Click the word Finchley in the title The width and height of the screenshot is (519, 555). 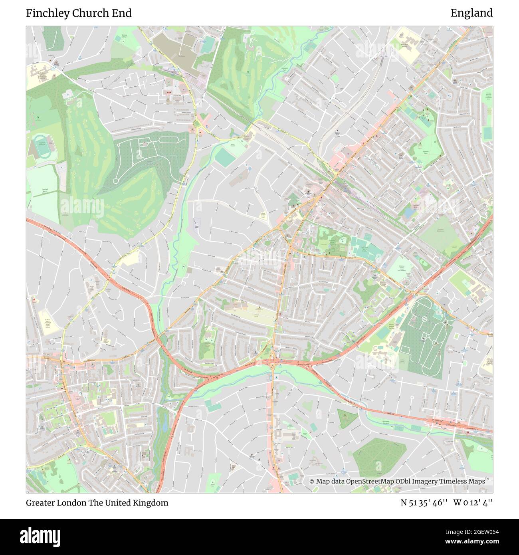coord(45,13)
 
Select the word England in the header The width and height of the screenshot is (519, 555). coord(471,13)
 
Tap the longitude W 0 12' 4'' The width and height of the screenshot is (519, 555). coord(473,503)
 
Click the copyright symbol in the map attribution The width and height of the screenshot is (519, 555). coord(312,482)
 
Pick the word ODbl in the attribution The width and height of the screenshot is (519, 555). coord(400,482)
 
